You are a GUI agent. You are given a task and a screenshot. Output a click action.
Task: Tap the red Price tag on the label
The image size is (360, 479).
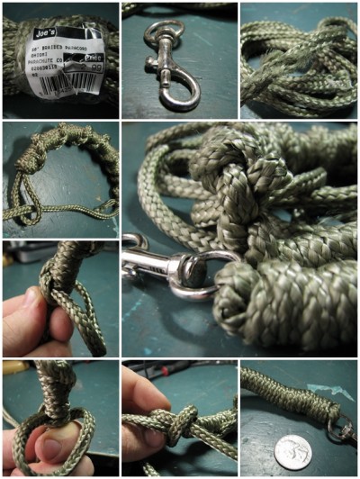94,56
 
